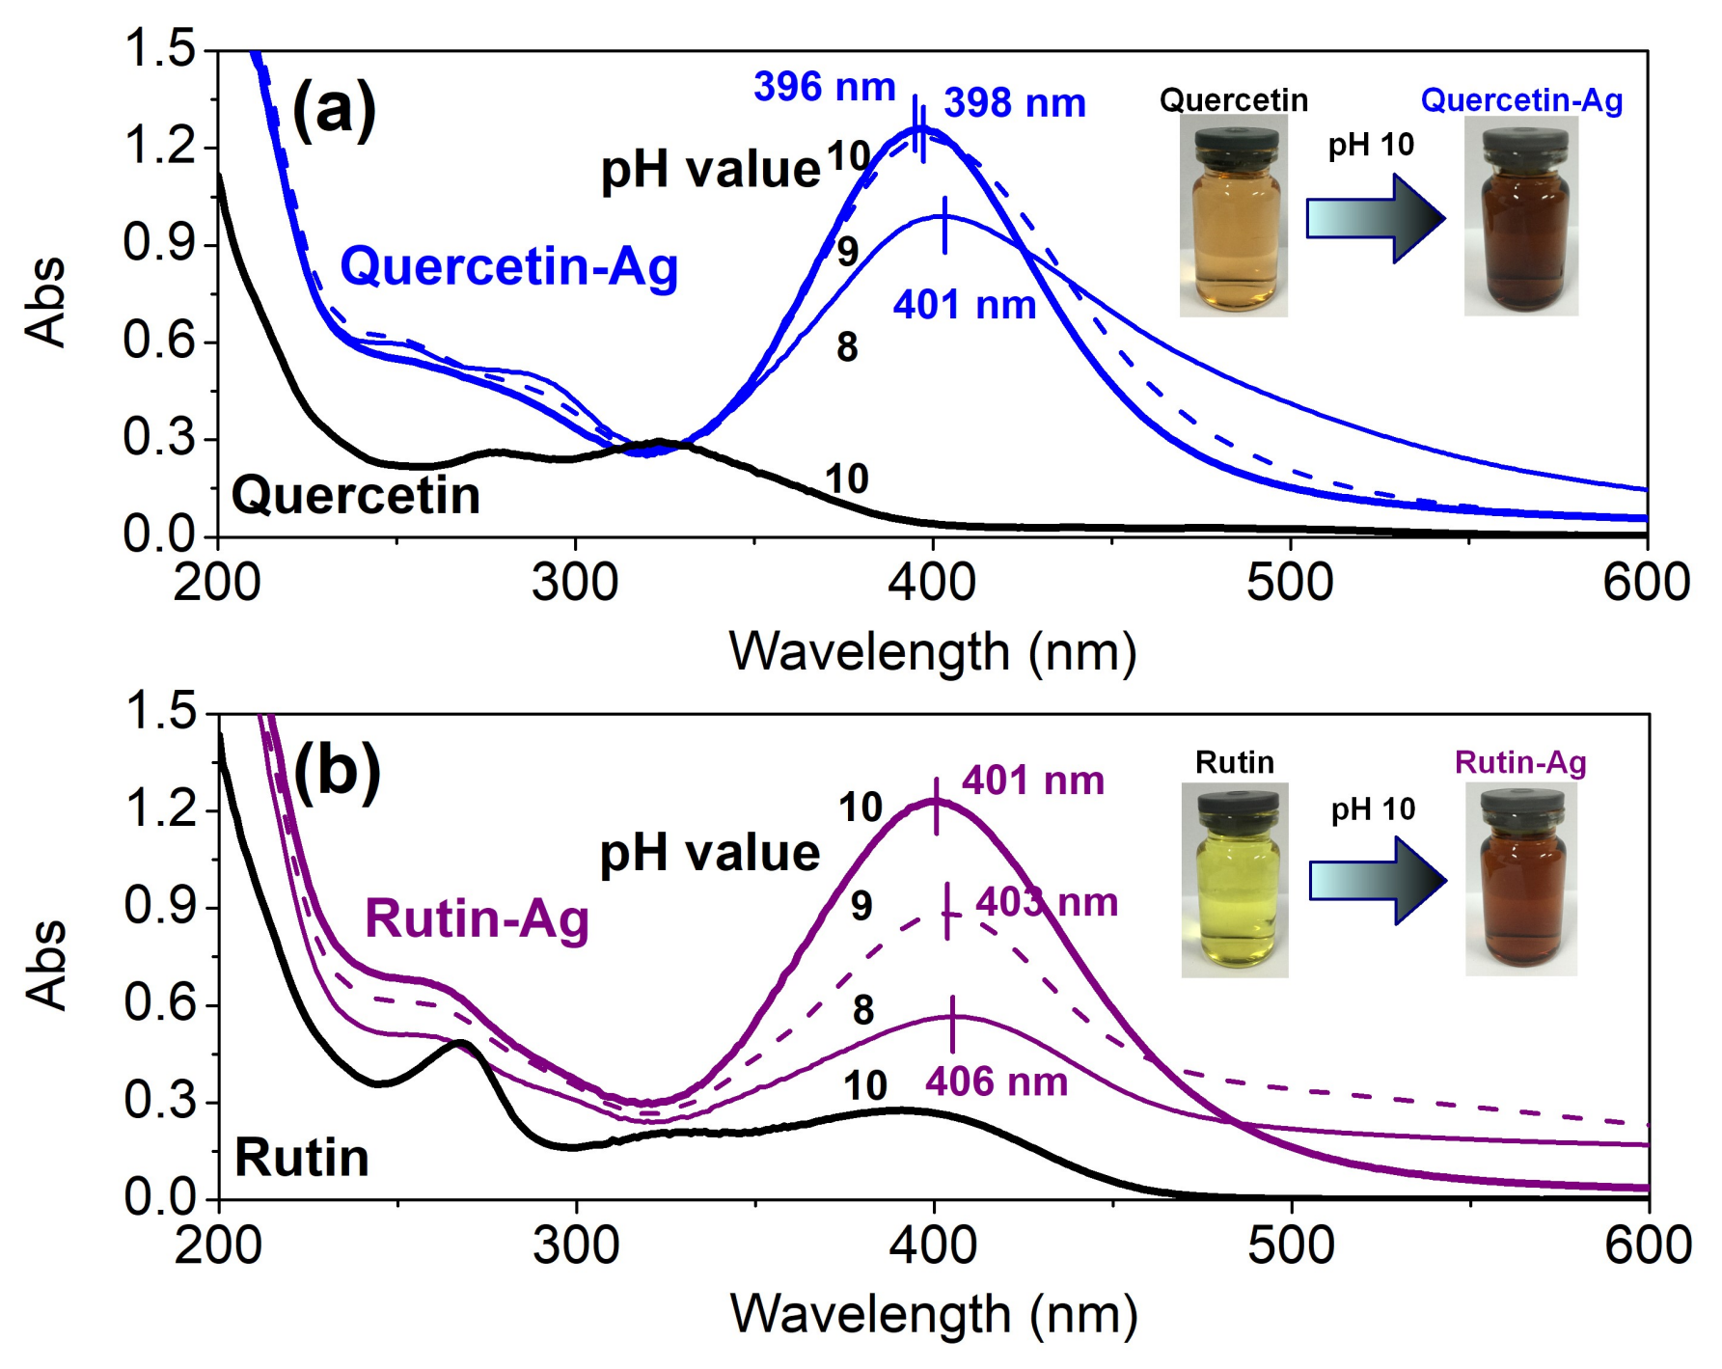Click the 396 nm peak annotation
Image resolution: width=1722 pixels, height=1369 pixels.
824,87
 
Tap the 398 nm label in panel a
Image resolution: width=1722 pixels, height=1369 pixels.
1014,103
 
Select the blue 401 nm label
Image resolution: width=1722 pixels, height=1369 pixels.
964,305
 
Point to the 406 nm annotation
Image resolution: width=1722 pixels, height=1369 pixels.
996,1082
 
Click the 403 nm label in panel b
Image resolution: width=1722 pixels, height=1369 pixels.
1046,902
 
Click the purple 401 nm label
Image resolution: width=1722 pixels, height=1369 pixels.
1032,780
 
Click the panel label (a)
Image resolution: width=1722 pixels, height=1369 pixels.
334,110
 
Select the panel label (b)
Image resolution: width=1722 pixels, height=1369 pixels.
337,773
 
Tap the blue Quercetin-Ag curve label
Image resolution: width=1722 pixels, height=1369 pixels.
508,266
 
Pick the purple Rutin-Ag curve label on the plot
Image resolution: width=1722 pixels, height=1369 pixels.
477,917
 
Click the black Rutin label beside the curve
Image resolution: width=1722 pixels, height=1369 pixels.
302,1157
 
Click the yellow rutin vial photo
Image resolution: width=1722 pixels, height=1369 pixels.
1234,879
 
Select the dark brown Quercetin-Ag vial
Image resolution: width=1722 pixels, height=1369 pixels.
1520,216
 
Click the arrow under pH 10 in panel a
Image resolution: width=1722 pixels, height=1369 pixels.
1375,218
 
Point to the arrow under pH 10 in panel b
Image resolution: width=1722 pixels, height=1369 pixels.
1377,881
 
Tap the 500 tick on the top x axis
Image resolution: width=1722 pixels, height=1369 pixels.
1290,583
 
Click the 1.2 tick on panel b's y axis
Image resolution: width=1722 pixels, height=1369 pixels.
159,808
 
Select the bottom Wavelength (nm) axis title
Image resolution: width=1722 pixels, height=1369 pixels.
933,1314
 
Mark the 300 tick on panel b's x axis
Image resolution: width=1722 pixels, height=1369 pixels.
576,1246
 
